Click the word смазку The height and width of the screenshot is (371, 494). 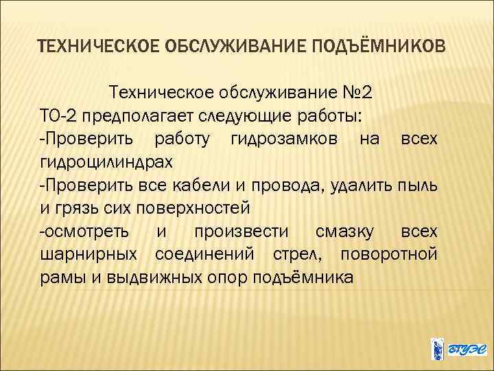point(340,231)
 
